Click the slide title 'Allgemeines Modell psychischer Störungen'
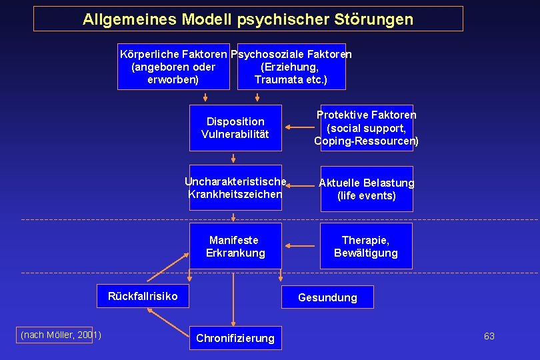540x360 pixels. tap(248, 19)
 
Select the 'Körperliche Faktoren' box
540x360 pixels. tap(174, 67)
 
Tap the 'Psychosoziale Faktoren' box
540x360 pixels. tap(291, 67)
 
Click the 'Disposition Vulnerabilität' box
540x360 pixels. tap(235, 128)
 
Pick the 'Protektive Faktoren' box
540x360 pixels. tap(367, 128)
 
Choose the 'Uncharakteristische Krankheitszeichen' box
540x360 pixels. tap(235, 187)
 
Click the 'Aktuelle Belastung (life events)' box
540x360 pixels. tap(367, 189)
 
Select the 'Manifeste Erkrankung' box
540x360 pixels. tap(235, 246)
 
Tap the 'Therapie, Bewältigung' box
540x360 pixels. tap(366, 246)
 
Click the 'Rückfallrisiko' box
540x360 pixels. tap(143, 296)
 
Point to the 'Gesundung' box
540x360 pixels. tap(327, 297)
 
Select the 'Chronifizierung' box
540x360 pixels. tap(235, 338)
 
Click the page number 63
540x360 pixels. tap(489, 336)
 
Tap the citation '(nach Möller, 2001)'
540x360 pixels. tap(61, 335)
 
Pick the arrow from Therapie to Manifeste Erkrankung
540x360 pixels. tap(300, 246)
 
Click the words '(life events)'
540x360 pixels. tap(367, 196)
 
